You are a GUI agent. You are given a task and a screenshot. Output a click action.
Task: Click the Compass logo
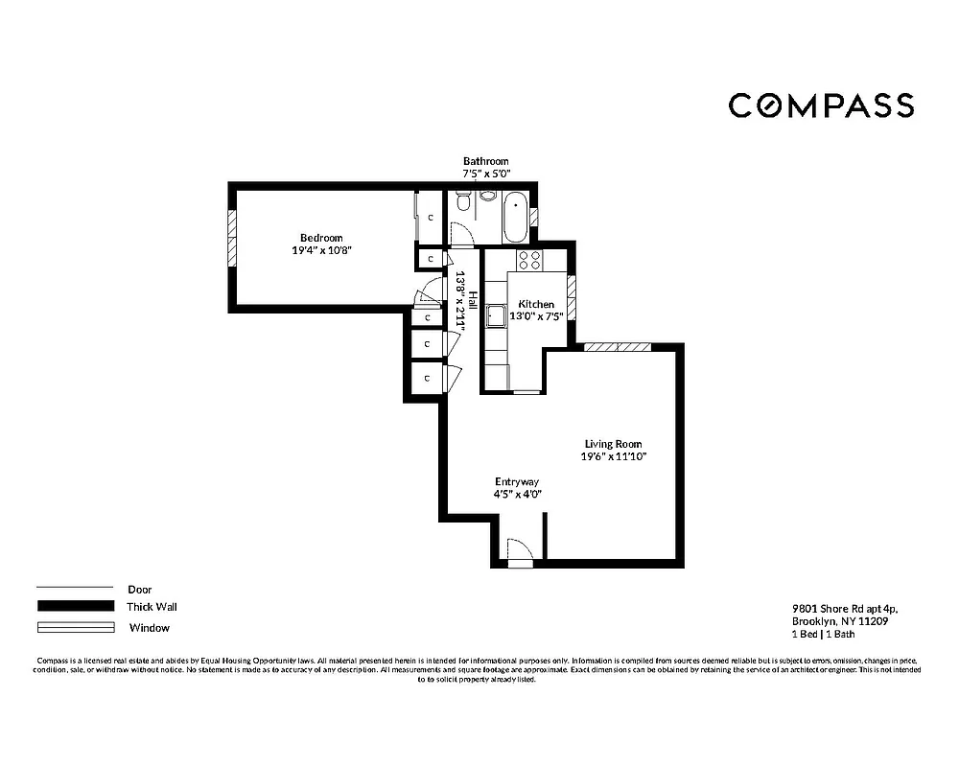click(x=821, y=105)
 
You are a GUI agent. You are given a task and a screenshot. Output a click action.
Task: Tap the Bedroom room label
click(x=320, y=238)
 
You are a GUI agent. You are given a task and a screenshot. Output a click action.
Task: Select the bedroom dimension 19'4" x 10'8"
click(x=320, y=250)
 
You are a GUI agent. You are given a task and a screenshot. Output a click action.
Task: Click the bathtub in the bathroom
click(x=515, y=217)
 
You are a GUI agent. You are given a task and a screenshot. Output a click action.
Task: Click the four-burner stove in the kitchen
click(x=529, y=260)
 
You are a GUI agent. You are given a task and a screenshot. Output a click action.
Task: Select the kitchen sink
click(x=496, y=315)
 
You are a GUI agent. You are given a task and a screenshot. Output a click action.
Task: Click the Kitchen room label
click(x=536, y=304)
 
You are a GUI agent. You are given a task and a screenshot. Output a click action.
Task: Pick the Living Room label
click(x=614, y=444)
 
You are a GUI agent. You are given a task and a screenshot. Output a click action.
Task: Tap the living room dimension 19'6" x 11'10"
click(x=614, y=457)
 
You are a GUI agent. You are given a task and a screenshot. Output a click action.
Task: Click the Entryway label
click(x=517, y=481)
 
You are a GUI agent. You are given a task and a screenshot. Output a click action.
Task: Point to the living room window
click(x=618, y=347)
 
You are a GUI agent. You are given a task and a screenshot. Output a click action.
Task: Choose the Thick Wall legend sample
click(x=75, y=607)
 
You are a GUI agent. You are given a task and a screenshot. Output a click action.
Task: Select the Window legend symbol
click(x=75, y=628)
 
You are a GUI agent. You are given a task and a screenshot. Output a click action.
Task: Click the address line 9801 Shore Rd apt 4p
click(x=844, y=608)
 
